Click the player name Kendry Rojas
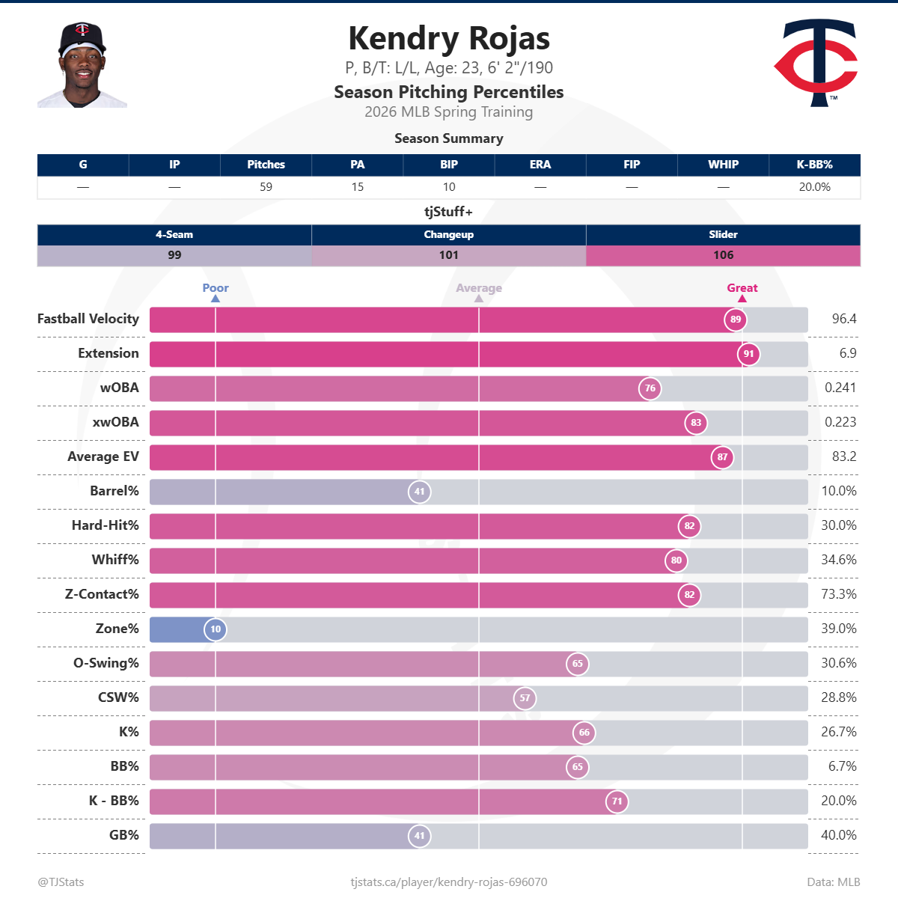[x=449, y=39]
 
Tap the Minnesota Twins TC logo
[x=816, y=63]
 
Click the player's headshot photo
[x=82, y=65]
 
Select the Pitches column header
[x=266, y=165]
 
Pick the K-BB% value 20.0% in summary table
[x=814, y=187]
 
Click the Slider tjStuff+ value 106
[x=723, y=255]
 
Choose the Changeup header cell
[x=449, y=235]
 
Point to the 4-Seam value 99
[x=174, y=255]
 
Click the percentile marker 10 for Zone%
[x=216, y=629]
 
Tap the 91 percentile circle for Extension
[x=748, y=354]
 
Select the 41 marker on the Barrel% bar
[x=419, y=492]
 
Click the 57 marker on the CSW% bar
[x=525, y=698]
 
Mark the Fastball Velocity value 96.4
[x=843, y=319]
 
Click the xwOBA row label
[x=115, y=422]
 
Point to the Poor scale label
[x=216, y=288]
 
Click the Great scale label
[x=742, y=288]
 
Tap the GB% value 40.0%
[x=838, y=835]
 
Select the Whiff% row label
[x=115, y=560]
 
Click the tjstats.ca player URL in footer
[x=449, y=882]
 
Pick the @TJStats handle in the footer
[x=61, y=882]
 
